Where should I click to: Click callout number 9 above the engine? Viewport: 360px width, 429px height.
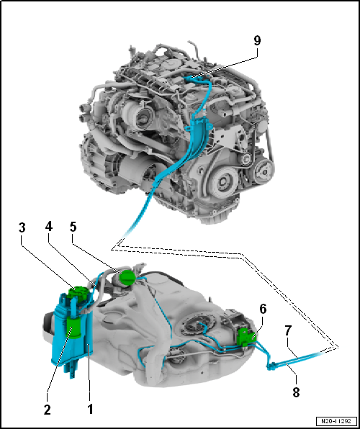[257, 41]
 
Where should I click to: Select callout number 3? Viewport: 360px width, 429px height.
[22, 228]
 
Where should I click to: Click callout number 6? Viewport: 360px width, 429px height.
[263, 310]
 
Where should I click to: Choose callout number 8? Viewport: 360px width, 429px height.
[295, 392]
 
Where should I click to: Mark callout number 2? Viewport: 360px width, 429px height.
[48, 410]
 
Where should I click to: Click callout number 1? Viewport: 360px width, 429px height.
[90, 410]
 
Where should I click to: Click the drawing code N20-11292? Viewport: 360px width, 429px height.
[336, 421]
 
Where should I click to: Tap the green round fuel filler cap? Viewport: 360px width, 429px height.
[127, 277]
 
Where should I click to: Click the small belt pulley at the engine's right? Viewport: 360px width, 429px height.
[263, 171]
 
